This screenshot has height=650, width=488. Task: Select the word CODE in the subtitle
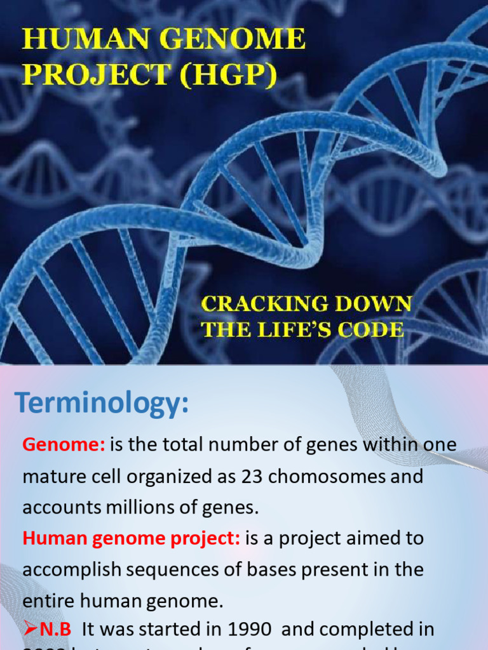[375, 329]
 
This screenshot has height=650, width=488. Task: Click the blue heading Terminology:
[102, 403]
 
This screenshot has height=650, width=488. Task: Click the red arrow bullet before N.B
[30, 629]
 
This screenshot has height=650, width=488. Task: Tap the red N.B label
[56, 629]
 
